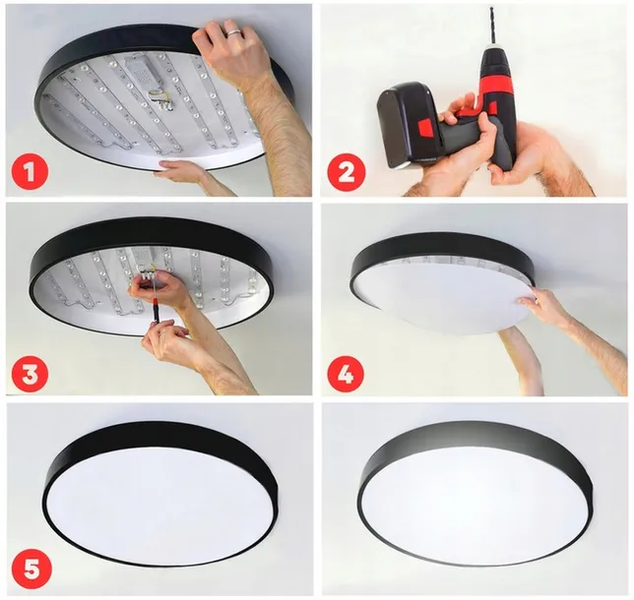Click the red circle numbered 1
coord(31,172)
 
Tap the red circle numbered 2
coord(346,172)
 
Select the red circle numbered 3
coord(31,373)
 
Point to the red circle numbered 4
coord(346,373)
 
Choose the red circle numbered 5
coord(31,568)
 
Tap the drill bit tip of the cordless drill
coord(492,12)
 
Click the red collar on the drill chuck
coord(497,83)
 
